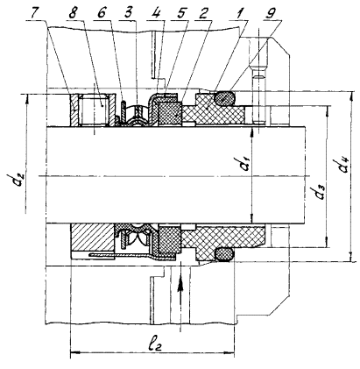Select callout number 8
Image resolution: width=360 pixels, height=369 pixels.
tap(73, 13)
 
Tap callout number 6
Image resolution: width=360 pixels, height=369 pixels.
tap(102, 13)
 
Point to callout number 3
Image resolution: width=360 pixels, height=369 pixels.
tap(128, 13)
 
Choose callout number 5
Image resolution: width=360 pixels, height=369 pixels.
tap(182, 13)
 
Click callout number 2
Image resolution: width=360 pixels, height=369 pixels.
tap(206, 13)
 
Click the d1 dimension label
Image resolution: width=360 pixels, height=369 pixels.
tap(244, 166)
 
